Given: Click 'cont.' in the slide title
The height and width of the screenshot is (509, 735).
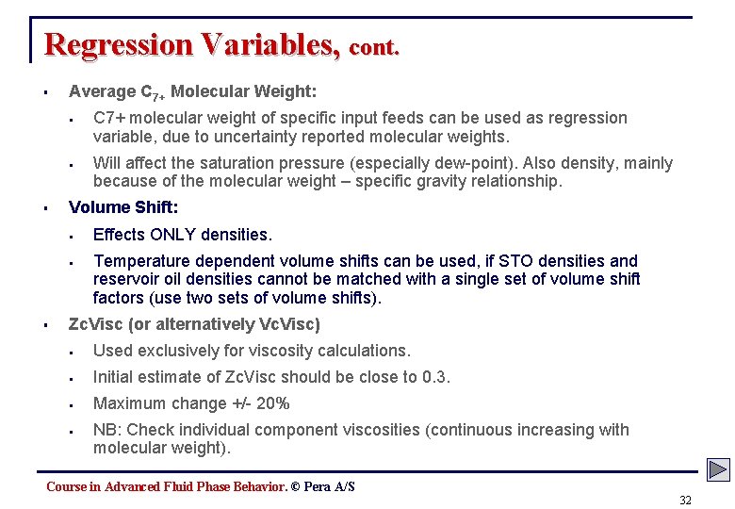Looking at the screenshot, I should tap(374, 47).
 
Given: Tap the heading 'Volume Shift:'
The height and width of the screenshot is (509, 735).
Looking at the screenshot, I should tap(123, 207).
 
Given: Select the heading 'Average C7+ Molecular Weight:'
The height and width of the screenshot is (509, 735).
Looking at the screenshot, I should tap(192, 92).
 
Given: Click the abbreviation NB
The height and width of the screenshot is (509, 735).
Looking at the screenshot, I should tap(106, 430).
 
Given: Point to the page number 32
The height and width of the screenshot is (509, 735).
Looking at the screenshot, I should tap(685, 500).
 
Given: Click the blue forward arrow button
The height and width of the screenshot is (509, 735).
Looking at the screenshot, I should tap(718, 468).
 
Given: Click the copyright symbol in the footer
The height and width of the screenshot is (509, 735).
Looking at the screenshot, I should tap(295, 486).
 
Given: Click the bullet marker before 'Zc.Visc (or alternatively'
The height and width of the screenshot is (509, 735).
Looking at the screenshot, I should tap(45, 325).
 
